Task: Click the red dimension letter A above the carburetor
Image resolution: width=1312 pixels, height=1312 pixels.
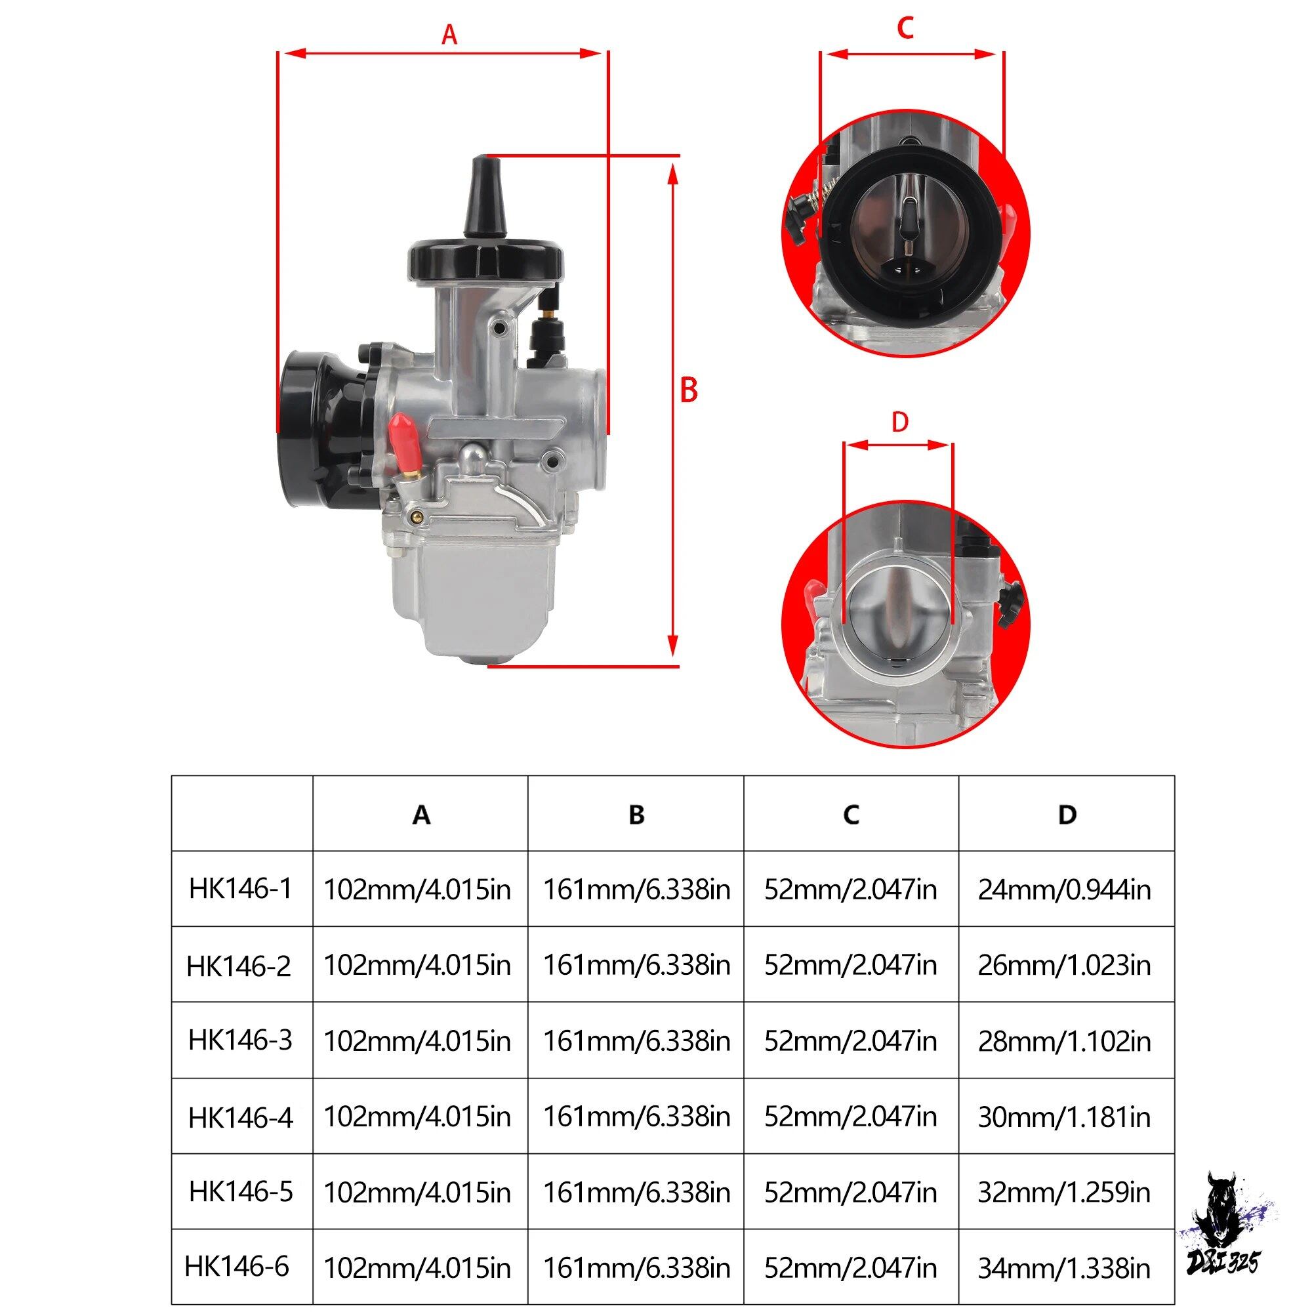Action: (x=449, y=34)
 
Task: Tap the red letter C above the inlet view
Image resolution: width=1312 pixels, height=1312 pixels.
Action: (x=905, y=28)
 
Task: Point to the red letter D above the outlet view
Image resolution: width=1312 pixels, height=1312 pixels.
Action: (x=900, y=422)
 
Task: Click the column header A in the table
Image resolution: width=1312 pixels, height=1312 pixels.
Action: (x=421, y=814)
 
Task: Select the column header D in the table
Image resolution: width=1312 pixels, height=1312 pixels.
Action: (x=1067, y=814)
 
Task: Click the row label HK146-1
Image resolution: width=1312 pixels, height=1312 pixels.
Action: (x=240, y=888)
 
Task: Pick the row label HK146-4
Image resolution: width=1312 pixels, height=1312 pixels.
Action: (x=240, y=1117)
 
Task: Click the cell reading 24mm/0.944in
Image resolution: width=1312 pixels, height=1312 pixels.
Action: (x=1064, y=890)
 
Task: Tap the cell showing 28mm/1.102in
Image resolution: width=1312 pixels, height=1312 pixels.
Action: (x=1064, y=1041)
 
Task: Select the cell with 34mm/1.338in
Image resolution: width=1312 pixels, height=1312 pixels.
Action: (x=1064, y=1268)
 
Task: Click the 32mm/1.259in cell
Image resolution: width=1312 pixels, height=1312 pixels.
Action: (x=1064, y=1192)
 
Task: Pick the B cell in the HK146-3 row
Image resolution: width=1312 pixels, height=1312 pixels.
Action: (x=636, y=1041)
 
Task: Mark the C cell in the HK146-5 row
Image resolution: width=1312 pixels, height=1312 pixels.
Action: (x=850, y=1192)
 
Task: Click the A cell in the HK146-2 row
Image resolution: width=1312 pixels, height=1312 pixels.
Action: (x=417, y=965)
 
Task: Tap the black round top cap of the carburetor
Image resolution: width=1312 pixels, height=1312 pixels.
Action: (x=486, y=258)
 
